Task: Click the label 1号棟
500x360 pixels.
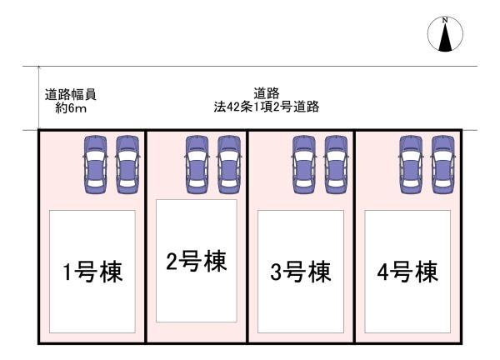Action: coord(93,272)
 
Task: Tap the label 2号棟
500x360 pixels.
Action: coord(196,262)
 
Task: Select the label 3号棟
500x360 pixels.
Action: coord(300,272)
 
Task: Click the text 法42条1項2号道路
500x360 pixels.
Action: coord(266,107)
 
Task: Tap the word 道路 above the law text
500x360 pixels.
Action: coord(266,94)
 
